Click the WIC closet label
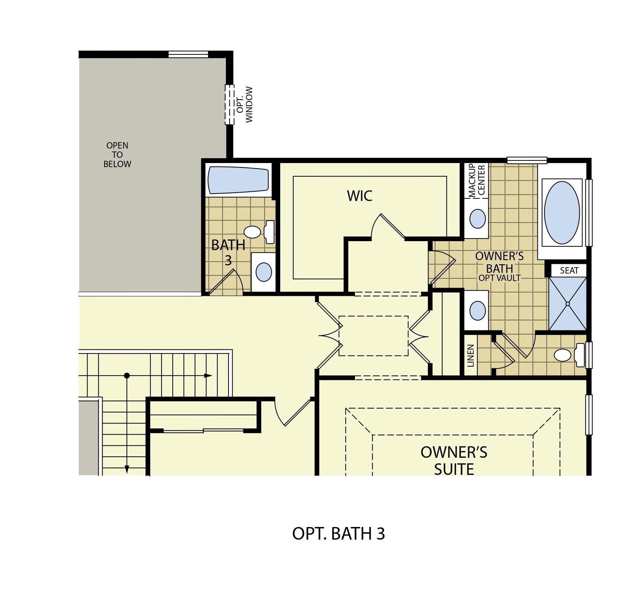coord(359,196)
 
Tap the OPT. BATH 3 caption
coord(338,534)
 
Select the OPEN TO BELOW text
coord(117,155)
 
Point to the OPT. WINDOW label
coord(245,105)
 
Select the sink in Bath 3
coord(264,272)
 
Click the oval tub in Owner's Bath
coord(562,213)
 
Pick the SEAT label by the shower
coord(569,271)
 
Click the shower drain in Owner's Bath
coord(568,304)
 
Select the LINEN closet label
coord(471,355)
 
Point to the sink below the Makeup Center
coord(477,218)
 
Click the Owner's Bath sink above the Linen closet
coord(477,310)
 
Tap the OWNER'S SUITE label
coord(454,461)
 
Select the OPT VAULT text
coord(499,278)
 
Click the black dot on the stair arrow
coord(127,376)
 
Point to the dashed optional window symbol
coord(230,105)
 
